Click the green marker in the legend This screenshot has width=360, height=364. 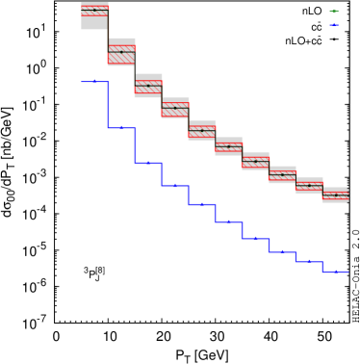[x=334, y=12]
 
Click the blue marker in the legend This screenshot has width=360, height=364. [x=334, y=25]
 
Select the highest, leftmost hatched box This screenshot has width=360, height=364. [x=94, y=11]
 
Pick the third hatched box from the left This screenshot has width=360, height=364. [x=148, y=87]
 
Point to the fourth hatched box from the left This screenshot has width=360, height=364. [x=175, y=109]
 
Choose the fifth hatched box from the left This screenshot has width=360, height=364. [x=202, y=131]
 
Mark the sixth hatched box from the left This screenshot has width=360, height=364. [x=229, y=147]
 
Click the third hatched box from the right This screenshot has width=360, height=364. [x=282, y=174]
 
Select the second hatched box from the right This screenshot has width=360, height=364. [x=309, y=186]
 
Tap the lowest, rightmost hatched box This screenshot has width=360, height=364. [x=336, y=195]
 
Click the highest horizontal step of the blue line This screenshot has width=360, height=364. [x=94, y=82]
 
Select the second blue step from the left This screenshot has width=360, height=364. [x=121, y=127]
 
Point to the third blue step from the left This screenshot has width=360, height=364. [x=148, y=163]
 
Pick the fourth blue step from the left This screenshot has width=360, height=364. [x=175, y=185]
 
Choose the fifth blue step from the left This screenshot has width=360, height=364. [x=202, y=204]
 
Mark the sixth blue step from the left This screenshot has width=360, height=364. [x=229, y=221]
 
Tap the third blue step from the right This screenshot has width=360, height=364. [x=282, y=252]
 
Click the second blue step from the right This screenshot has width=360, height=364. [x=309, y=261]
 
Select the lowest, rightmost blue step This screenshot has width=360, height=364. [x=336, y=272]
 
